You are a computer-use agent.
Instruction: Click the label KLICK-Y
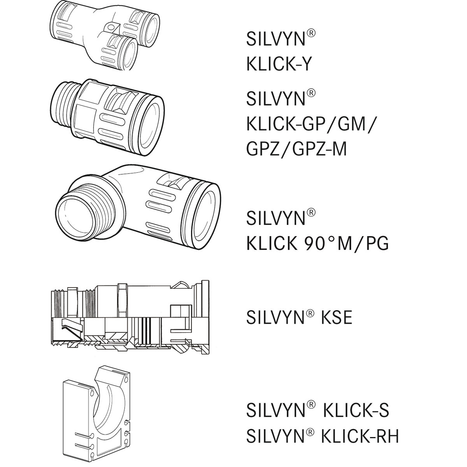[279, 64]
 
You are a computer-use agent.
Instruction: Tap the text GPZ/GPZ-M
[296, 149]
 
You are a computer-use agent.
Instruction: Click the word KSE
[336, 318]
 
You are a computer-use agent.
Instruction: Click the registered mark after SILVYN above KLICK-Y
[311, 33]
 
